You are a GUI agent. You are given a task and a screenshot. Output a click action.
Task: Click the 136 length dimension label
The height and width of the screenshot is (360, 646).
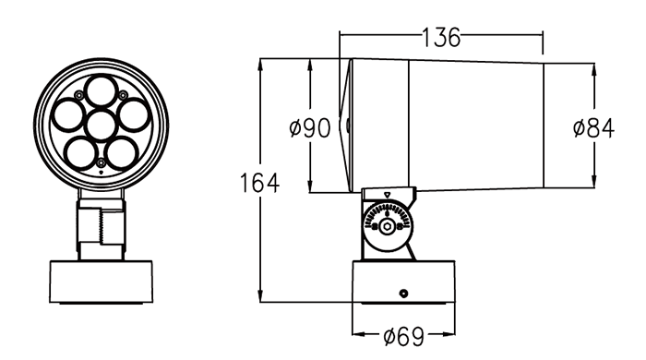[x=441, y=38]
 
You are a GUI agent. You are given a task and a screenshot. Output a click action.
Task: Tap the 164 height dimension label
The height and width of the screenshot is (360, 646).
[x=259, y=183]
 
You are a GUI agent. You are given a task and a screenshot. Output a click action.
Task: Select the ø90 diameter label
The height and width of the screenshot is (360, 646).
[x=310, y=128]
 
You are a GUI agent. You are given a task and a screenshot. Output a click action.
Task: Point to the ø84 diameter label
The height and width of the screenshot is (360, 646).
[x=593, y=128]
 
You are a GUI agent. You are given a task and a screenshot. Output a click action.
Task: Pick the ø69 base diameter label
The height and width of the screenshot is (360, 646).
[x=403, y=336]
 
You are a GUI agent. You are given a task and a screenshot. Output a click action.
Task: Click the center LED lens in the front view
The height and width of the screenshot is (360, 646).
[x=102, y=126]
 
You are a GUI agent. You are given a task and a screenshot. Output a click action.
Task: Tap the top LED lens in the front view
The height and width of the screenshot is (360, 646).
[x=101, y=91]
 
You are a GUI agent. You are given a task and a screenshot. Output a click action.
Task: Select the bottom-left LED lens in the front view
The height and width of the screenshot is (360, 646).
[x=80, y=153]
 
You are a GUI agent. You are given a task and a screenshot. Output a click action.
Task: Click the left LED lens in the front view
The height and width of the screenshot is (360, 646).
[x=68, y=115]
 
